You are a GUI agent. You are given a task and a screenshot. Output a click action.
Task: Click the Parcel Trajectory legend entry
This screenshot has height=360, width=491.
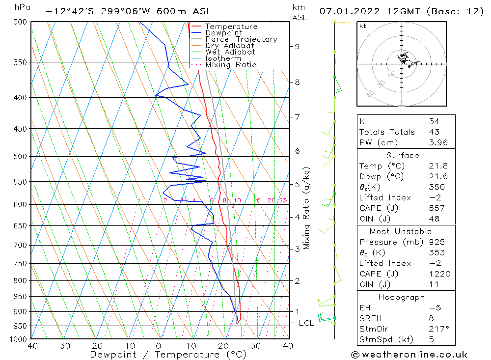[241, 39]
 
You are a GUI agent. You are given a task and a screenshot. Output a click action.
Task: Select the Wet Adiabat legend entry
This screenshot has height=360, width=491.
[230, 52]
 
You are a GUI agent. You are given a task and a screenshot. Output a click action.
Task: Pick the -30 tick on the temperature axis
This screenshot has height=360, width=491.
[62, 346]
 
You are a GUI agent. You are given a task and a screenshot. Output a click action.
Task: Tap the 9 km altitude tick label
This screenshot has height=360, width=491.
[297, 47]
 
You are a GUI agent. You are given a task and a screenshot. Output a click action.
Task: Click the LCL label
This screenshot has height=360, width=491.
[306, 323]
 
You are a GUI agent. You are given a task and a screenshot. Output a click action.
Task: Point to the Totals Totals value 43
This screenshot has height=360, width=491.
[435, 132]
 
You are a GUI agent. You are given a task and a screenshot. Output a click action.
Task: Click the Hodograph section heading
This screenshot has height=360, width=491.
[402, 297]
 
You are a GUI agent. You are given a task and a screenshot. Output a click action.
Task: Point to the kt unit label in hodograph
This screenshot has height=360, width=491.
[363, 26]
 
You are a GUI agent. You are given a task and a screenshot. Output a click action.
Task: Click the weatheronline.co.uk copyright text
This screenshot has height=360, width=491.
[409, 355]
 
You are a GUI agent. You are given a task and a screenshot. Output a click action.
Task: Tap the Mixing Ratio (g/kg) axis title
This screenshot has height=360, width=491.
[307, 208]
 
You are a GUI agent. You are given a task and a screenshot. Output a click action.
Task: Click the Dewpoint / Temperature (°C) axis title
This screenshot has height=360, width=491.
[168, 355]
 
